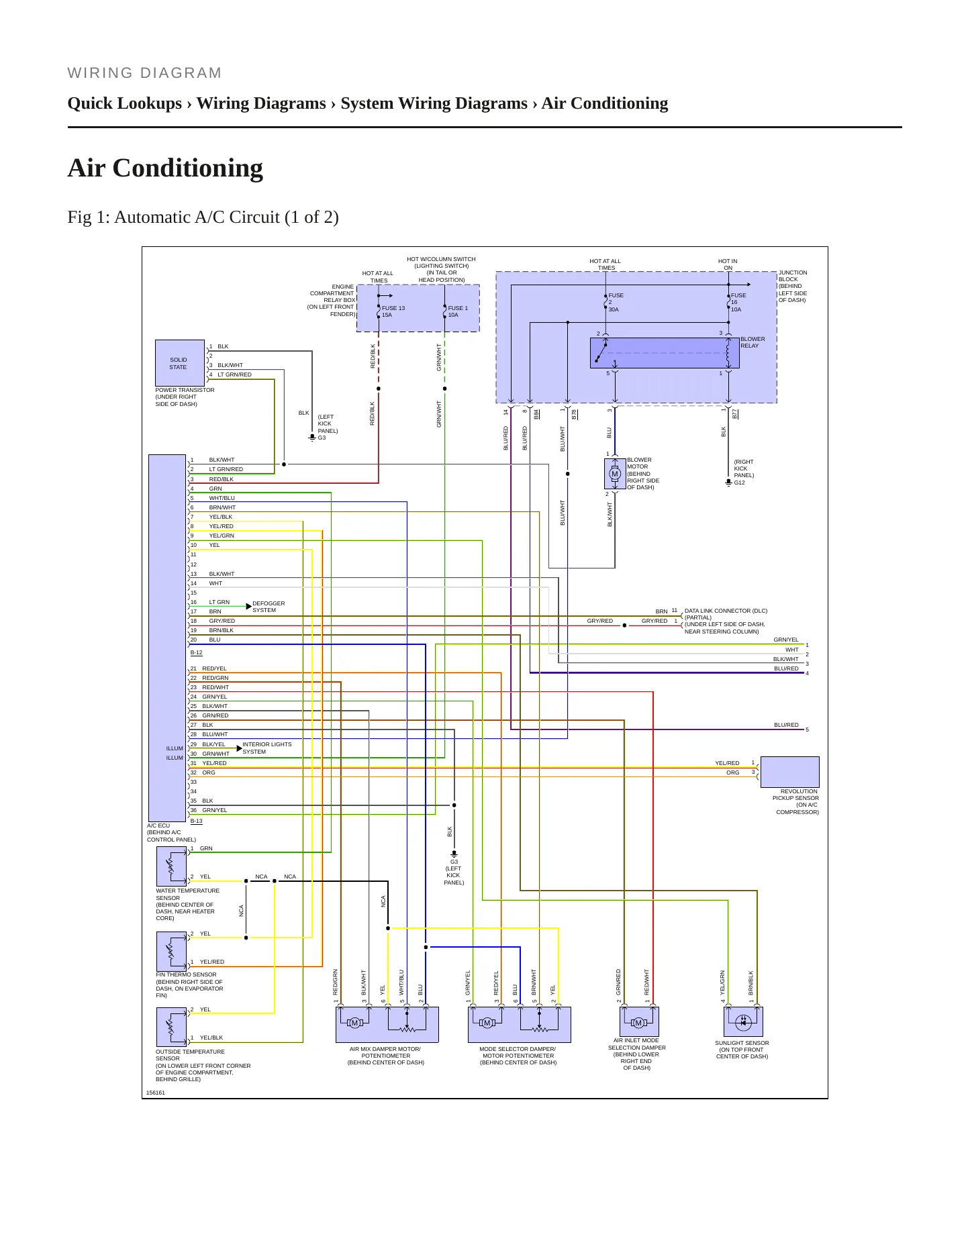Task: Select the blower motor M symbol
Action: tap(614, 474)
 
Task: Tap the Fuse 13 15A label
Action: tap(393, 311)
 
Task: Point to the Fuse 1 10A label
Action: tap(458, 311)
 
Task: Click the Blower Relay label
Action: tap(753, 342)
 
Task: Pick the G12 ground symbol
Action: tap(728, 482)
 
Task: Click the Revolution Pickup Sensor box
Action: tap(789, 772)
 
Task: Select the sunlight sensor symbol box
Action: tap(743, 1021)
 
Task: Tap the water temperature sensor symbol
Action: tap(171, 866)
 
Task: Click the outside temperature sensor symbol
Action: tap(171, 1027)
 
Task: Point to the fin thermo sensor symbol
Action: tap(171, 951)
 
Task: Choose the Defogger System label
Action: tap(269, 607)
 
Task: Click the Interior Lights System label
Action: tap(267, 748)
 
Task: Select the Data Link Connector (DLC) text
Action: tap(726, 611)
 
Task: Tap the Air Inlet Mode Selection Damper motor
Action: tap(638, 1021)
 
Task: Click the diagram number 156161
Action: tap(156, 1093)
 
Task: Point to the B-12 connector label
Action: tap(196, 652)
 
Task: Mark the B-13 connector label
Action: tap(196, 821)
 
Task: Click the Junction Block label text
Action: tap(793, 286)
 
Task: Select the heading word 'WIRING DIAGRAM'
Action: tap(145, 73)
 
